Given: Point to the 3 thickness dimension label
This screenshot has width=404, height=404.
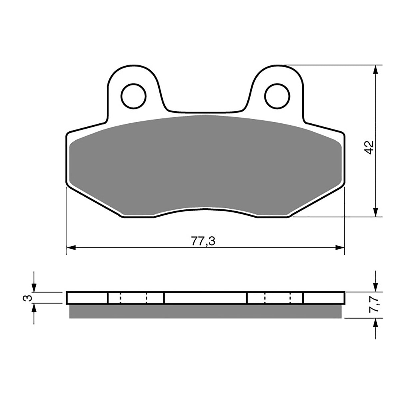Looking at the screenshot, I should point(29,297).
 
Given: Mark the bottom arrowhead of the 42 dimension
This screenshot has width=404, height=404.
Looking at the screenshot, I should point(376,212).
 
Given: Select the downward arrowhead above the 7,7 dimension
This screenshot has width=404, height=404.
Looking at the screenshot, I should point(376,288).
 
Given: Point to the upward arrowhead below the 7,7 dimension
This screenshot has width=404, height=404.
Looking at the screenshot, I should point(376,323).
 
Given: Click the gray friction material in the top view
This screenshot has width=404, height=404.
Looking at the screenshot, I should point(206,163).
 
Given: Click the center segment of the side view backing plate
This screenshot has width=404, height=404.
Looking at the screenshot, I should point(205,298).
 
